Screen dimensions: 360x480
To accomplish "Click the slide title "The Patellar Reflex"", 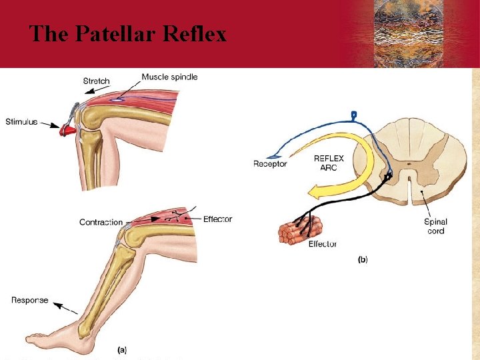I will click(128, 33).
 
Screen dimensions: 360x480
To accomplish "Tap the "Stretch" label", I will click(96, 81).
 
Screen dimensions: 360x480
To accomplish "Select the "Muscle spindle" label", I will click(169, 77).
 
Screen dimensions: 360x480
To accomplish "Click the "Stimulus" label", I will click(21, 122).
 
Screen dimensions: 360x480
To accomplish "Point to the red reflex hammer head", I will click(66, 130).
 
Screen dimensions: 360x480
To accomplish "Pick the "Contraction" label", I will click(101, 222).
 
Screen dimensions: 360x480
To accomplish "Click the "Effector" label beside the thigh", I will click(217, 219).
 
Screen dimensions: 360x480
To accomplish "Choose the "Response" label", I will click(29, 300).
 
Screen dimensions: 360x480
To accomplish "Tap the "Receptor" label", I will click(270, 163).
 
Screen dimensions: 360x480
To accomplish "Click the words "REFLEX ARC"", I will click(329, 163).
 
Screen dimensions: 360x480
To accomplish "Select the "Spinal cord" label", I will click(435, 226).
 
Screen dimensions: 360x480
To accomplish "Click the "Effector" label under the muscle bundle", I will click(322, 244).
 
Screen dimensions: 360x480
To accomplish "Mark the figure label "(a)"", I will click(122, 349).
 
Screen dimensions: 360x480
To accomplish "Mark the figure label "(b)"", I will click(363, 259).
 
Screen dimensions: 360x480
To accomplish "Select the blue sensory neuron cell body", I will click(353, 115).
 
